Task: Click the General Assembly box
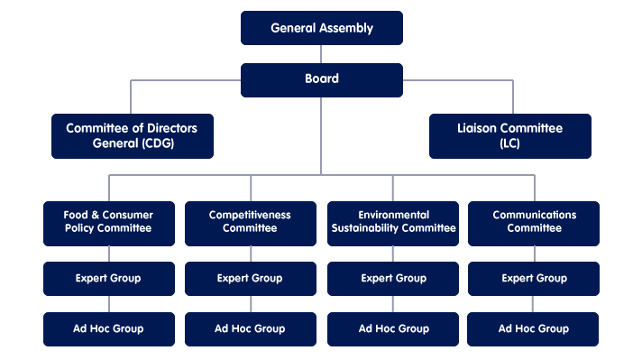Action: click(x=321, y=28)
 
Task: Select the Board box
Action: click(x=321, y=79)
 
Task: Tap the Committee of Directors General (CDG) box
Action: click(x=132, y=135)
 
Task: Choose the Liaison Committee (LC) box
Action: click(x=509, y=135)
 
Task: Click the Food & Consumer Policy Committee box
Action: click(x=108, y=222)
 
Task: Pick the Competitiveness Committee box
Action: click(x=251, y=222)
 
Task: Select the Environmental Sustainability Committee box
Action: click(x=393, y=222)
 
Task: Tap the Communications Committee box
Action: click(x=534, y=222)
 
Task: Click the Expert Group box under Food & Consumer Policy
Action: click(x=108, y=278)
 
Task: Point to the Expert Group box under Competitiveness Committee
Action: click(x=251, y=278)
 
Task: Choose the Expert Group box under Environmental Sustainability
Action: click(x=393, y=278)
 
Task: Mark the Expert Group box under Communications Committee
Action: click(x=534, y=278)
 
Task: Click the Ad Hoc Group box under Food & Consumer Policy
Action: click(x=108, y=328)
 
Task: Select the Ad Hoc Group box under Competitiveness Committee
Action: click(x=251, y=328)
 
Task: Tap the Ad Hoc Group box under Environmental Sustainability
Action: click(x=393, y=328)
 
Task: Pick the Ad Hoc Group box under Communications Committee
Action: click(x=534, y=328)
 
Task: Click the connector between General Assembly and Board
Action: click(x=321, y=54)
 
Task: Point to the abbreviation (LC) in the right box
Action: click(x=509, y=143)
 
